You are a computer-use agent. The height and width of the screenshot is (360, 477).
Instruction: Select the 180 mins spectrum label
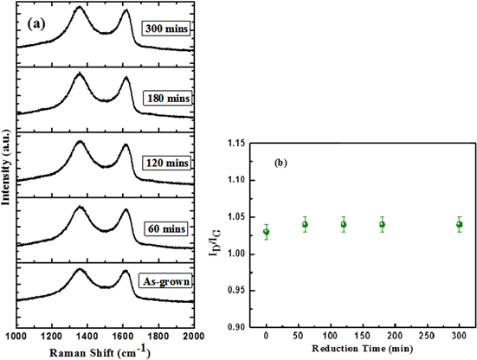[169, 97]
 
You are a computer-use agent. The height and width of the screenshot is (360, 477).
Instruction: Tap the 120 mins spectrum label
[169, 162]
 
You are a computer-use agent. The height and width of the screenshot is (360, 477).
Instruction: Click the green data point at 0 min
[267, 232]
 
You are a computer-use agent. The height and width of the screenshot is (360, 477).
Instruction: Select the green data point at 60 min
[305, 224]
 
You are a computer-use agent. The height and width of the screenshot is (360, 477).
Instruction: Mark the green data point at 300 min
[459, 224]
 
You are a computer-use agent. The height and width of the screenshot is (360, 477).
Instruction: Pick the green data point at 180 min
[382, 224]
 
